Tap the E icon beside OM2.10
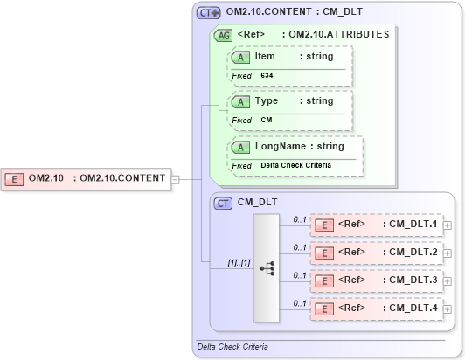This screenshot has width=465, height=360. click(x=15, y=178)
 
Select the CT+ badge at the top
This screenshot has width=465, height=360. click(x=209, y=13)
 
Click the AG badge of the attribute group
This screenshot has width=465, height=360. click(x=223, y=35)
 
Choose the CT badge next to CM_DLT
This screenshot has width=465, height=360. click(x=224, y=202)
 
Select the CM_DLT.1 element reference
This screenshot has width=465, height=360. click(x=377, y=225)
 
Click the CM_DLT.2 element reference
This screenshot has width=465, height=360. click(x=377, y=253)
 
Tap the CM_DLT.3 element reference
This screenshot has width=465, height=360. click(x=377, y=280)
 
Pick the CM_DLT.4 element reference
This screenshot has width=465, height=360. click(x=377, y=308)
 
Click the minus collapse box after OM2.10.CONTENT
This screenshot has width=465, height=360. click(x=175, y=179)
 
